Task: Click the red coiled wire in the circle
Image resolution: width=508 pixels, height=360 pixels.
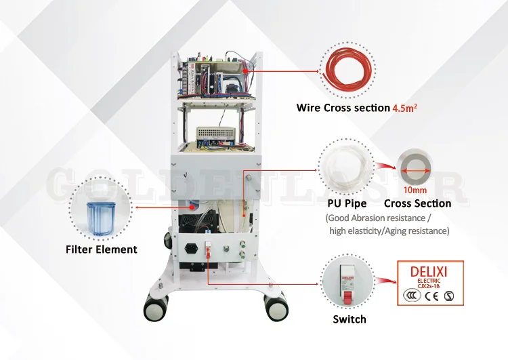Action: coord(349,70)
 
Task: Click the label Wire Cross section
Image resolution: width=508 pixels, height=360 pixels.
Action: coord(343,108)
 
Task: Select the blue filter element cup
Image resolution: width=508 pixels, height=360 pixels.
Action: coord(101,211)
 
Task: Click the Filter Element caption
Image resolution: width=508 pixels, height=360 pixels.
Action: coord(102,249)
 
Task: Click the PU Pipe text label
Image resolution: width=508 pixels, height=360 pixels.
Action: coord(346,203)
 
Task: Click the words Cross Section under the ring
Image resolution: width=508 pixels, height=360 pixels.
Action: coord(417,203)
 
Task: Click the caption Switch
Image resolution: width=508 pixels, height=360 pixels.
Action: coord(350,319)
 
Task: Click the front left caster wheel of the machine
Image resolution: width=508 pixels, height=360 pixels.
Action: coord(155,309)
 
